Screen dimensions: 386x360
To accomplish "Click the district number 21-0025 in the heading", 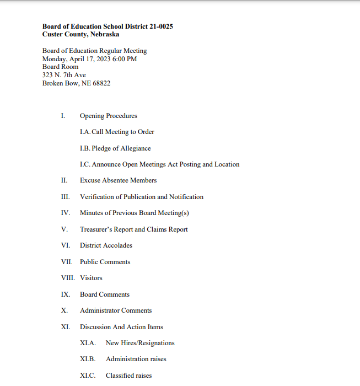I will coord(159,26).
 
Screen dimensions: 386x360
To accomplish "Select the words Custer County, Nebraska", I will coord(80,34).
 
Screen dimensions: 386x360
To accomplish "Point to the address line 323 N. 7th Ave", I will coord(64,75).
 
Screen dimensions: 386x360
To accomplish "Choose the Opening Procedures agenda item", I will coord(109,116).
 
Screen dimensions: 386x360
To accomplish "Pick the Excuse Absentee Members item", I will coord(118,180).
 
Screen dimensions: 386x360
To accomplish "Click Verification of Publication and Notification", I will coord(142,197).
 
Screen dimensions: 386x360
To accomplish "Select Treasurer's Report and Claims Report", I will coord(134,229).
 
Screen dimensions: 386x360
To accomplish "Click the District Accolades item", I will coord(106,245).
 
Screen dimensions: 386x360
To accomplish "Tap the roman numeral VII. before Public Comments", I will coord(67,262).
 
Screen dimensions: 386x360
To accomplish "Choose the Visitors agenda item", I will coord(91,278).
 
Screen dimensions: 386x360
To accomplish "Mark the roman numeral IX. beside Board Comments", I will coord(66,294).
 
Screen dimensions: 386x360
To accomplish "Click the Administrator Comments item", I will coord(116,310).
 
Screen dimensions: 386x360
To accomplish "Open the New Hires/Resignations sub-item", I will coord(140,343).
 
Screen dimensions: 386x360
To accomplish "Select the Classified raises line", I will coord(128,376).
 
